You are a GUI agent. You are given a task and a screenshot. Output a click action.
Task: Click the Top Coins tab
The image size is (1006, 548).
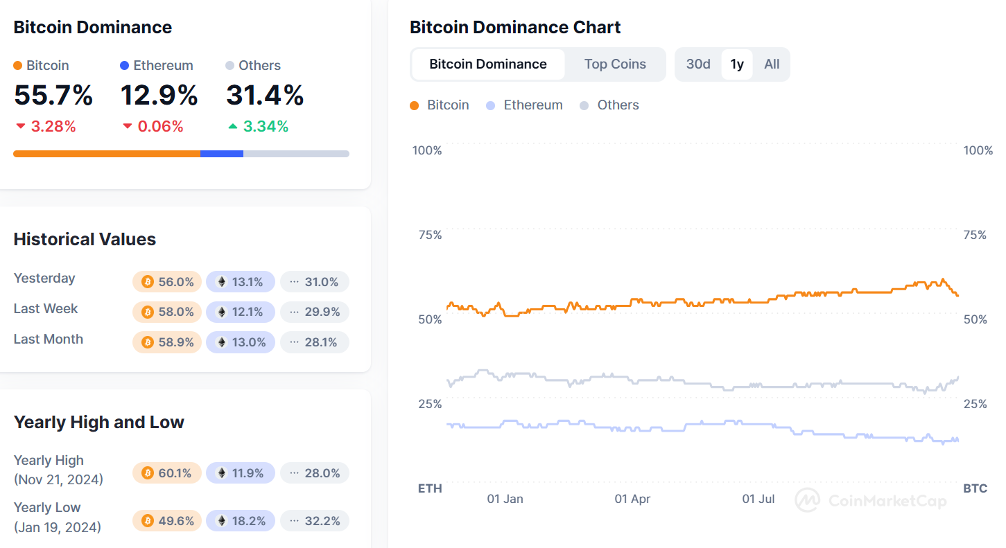tap(615, 64)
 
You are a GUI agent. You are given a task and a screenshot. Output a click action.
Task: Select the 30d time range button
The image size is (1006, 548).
tap(698, 64)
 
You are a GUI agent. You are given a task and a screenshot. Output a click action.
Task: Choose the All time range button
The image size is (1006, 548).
tap(772, 64)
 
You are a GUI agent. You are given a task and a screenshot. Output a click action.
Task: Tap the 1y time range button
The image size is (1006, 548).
tap(737, 64)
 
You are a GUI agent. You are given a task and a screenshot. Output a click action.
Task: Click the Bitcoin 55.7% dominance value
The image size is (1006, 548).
tap(53, 95)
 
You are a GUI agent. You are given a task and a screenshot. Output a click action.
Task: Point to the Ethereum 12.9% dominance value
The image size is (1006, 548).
tap(159, 95)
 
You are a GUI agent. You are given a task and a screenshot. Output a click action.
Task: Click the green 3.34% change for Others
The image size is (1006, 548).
tap(258, 126)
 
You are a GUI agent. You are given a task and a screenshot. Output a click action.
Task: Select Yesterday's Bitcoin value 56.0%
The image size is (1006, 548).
tap(167, 282)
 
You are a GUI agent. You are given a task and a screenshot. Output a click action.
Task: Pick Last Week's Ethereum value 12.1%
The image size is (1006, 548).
tap(241, 312)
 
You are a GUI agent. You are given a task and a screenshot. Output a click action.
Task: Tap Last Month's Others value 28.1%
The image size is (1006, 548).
tap(314, 342)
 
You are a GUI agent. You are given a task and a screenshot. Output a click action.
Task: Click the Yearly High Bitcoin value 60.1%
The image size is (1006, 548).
tap(167, 473)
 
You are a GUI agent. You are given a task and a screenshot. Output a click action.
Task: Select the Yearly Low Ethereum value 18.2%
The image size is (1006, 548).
tap(241, 520)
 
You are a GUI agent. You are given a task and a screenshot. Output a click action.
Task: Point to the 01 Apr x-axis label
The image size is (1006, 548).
tap(632, 499)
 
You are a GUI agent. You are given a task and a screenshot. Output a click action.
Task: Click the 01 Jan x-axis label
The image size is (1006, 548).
tap(505, 499)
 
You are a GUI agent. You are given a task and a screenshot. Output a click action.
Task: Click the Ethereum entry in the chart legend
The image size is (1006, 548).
tap(525, 105)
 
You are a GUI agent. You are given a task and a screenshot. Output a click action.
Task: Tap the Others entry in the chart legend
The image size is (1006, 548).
tap(609, 105)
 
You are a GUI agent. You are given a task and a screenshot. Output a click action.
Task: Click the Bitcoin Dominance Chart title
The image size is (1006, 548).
tap(515, 27)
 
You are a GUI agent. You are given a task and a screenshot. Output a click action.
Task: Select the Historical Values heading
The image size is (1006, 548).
tap(85, 240)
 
